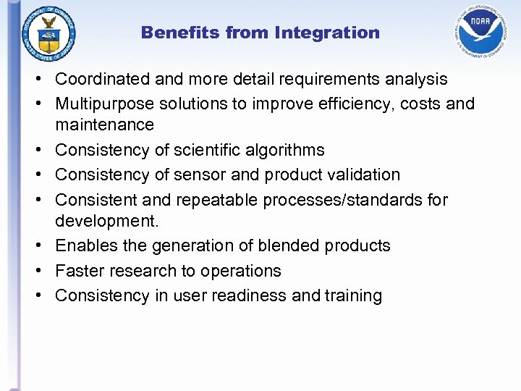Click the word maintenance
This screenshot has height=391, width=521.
tap(104, 125)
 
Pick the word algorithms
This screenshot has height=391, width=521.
tap(284, 150)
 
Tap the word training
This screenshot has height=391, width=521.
tap(353, 295)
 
